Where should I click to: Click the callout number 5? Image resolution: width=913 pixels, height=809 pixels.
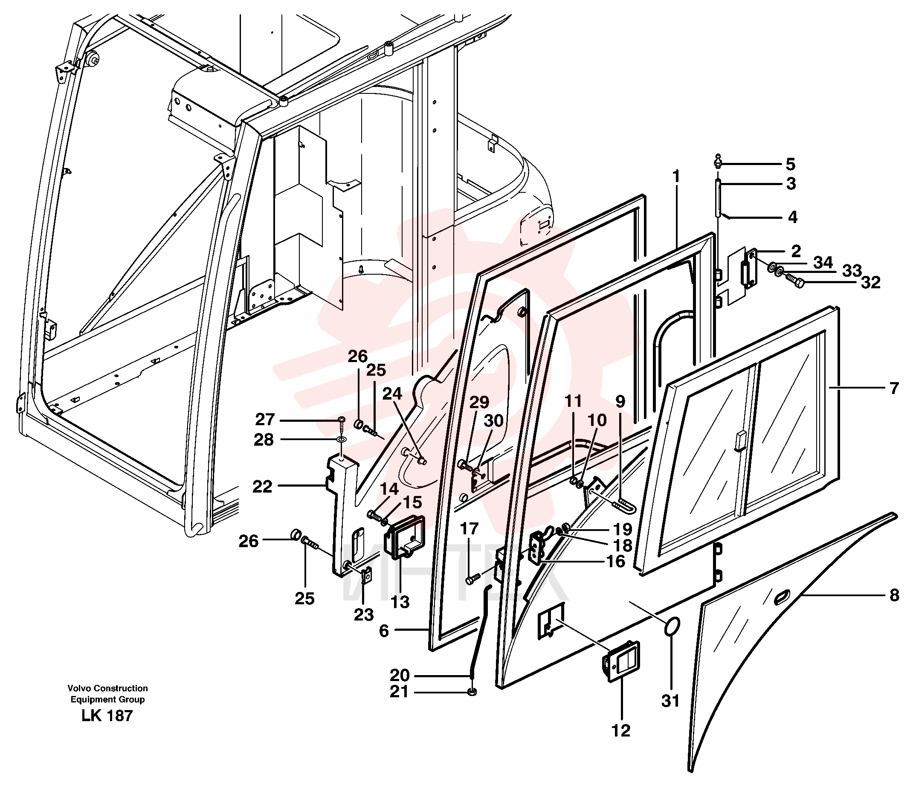pos(791,164)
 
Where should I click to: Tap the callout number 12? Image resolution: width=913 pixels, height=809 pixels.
pos(621,731)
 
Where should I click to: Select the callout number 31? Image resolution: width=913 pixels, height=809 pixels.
pos(670,701)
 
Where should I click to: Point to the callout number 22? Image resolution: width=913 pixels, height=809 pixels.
pos(262,487)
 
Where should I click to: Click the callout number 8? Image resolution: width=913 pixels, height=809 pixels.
pos(894,595)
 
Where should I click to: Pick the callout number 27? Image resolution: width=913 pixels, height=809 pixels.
pos(265,420)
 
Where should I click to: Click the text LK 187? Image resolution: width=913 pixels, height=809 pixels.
pos(107,716)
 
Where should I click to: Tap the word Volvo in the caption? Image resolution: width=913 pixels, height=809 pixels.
pos(79,688)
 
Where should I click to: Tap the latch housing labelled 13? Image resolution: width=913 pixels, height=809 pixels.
pos(404,537)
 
